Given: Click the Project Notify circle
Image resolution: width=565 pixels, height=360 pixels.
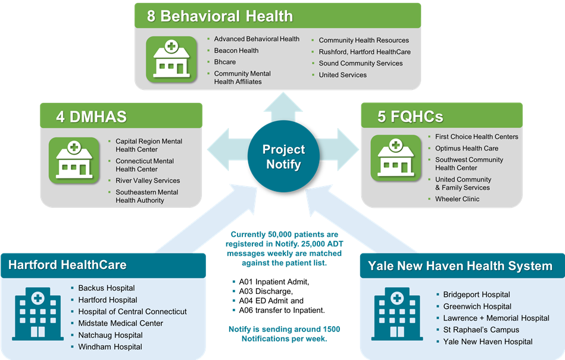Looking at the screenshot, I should (x=283, y=156).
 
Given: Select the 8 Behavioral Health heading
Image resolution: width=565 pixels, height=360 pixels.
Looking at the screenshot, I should (x=220, y=16).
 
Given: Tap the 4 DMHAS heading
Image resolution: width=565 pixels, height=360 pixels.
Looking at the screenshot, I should (x=91, y=116).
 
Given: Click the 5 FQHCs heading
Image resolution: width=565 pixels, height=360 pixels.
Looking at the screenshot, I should (x=410, y=116).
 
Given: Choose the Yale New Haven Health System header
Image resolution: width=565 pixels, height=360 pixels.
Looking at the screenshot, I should (x=460, y=266).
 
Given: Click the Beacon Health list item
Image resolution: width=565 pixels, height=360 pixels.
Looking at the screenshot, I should (x=236, y=51).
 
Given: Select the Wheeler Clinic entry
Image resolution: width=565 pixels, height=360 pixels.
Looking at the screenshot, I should (x=457, y=199).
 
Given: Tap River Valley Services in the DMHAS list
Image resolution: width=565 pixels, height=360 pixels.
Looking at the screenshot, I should (x=148, y=180).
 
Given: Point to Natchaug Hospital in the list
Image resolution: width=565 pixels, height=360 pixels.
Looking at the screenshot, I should (x=110, y=335).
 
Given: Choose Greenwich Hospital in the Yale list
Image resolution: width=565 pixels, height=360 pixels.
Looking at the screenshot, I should (x=477, y=306).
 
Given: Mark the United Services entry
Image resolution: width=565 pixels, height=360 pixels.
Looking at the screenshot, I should (x=342, y=75).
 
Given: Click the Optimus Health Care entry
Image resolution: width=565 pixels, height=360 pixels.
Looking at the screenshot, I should (x=466, y=148).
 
